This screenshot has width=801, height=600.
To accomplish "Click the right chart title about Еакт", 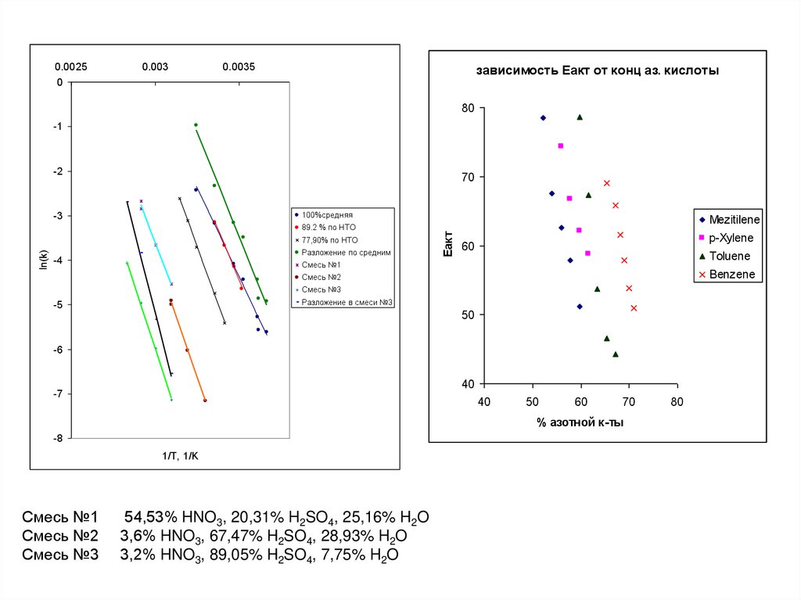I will tap(598, 70).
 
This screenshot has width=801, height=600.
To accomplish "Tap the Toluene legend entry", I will tap(730, 256).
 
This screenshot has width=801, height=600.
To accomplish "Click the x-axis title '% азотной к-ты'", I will tap(580, 422).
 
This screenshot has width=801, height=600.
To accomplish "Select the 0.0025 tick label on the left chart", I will tap(70, 67).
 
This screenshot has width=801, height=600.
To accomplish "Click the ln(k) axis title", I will tap(44, 260).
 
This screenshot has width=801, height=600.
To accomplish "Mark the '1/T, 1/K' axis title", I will tap(181, 456).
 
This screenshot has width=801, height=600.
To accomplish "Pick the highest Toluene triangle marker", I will tap(580, 117).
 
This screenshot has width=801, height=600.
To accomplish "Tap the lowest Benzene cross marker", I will tap(634, 308).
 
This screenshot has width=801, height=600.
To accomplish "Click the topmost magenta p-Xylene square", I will tap(560, 146).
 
